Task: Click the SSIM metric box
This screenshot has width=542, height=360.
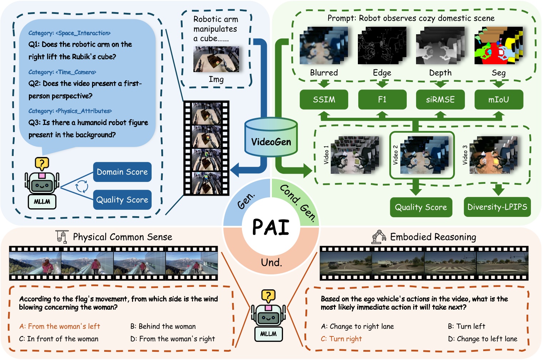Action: click(x=324, y=100)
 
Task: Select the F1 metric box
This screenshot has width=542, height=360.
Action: click(x=382, y=100)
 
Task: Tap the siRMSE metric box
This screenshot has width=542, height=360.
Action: click(x=440, y=100)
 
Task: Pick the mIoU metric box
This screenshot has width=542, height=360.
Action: click(x=498, y=100)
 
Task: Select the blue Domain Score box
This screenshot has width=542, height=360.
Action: click(x=122, y=172)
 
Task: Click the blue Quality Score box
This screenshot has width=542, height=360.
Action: click(x=122, y=200)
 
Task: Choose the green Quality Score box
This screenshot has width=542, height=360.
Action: click(x=421, y=207)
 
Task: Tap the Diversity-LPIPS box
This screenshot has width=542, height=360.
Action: click(x=497, y=207)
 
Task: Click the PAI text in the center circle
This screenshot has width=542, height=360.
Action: click(x=271, y=227)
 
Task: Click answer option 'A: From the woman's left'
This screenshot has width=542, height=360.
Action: click(x=60, y=326)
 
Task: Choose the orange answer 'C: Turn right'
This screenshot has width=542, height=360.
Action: click(x=341, y=339)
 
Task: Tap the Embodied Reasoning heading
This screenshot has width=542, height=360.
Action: click(x=433, y=237)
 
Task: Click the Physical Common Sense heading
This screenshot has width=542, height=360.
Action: click(x=122, y=237)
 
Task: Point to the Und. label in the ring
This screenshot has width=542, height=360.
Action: click(x=271, y=263)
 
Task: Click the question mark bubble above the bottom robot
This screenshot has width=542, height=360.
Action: click(x=268, y=295)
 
